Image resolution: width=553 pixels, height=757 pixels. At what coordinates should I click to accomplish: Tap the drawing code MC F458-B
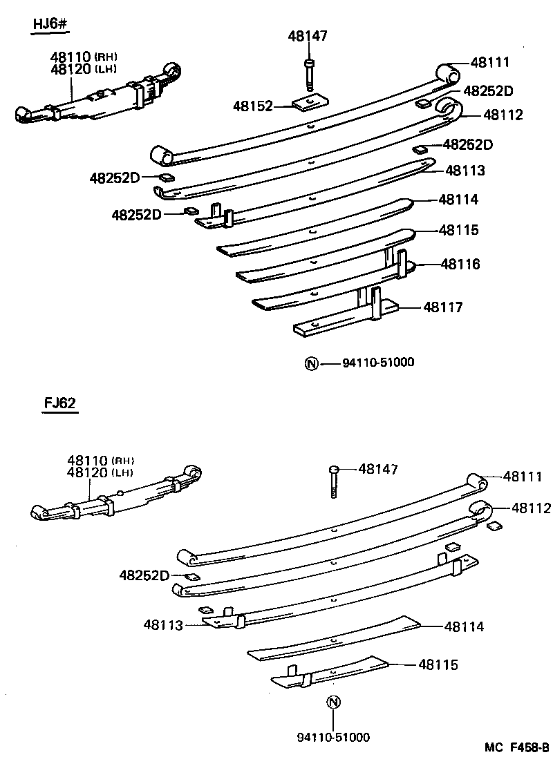[516, 747]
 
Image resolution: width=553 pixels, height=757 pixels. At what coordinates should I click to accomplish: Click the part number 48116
[460, 264]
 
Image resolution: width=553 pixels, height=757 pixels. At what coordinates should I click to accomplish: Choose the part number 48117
[443, 307]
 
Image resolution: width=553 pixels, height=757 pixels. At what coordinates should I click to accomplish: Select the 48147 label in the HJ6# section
[308, 36]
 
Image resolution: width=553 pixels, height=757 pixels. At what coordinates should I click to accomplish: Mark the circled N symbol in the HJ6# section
[311, 363]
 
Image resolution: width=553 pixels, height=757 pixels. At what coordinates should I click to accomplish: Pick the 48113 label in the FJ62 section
[163, 625]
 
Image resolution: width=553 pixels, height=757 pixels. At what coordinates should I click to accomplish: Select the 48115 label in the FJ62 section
[438, 664]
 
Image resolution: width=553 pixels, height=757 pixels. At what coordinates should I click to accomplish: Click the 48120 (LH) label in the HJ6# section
[83, 68]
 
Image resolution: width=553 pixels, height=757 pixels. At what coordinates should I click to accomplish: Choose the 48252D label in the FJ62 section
[144, 575]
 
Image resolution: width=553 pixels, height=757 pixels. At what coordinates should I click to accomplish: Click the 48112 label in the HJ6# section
[503, 115]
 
